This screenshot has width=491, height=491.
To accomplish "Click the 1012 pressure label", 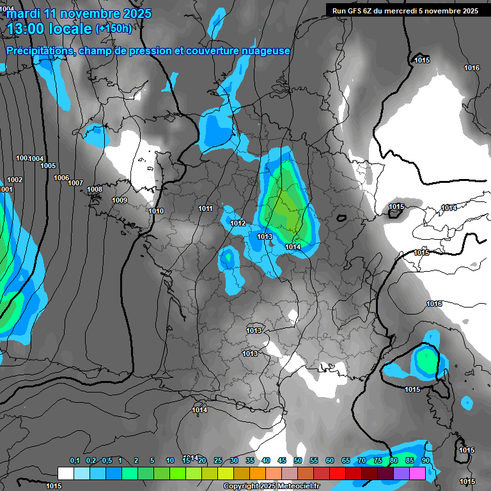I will click(x=238, y=223).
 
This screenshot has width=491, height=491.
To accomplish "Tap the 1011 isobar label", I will click(x=205, y=208).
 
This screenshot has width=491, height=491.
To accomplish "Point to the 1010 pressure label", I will click(x=156, y=211).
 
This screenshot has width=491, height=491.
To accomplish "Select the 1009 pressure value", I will click(x=120, y=200).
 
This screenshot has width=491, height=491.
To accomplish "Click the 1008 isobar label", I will click(x=95, y=189).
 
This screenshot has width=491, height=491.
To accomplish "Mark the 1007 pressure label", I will click(x=75, y=183).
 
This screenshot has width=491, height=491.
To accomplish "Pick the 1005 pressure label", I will click(x=48, y=166).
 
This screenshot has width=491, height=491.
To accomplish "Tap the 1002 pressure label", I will click(x=15, y=180).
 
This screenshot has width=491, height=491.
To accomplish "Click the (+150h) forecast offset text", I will click(x=114, y=28).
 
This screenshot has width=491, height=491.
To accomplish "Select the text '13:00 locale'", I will click(x=49, y=28).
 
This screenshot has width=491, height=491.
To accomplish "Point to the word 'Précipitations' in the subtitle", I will click(x=38, y=51).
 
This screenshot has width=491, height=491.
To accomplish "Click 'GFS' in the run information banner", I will click(x=357, y=10).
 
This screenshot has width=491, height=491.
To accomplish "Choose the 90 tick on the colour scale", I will click(x=426, y=460).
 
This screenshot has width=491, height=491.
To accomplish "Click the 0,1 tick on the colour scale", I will click(x=75, y=460).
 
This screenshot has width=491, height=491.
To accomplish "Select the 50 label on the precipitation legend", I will click(x=298, y=460).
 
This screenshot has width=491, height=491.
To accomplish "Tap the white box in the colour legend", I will click(x=66, y=473).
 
